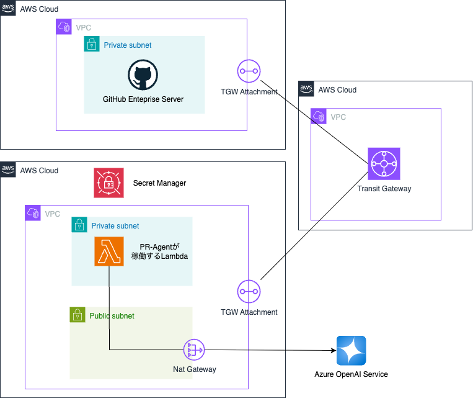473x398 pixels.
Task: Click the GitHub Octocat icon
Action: point(143,76)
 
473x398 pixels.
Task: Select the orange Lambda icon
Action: point(109,251)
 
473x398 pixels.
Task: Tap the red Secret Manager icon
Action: point(108,183)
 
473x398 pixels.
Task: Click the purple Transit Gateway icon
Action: point(384,164)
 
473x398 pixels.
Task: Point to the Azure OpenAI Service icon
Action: point(351,351)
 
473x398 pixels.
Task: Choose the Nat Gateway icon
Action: point(194,350)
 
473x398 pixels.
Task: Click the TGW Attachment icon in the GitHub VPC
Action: point(249,71)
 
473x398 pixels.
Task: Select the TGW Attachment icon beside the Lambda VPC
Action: point(249,291)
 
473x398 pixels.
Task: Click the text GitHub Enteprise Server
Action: point(143,99)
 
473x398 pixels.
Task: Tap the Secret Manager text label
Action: point(159,183)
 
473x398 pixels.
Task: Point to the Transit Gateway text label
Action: point(384,189)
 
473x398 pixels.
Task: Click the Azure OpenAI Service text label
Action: point(351,374)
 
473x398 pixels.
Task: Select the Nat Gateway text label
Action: point(194,369)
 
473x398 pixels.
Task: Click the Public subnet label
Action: point(112,316)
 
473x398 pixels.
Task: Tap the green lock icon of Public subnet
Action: point(77,315)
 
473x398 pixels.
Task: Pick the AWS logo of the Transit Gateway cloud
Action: point(306,89)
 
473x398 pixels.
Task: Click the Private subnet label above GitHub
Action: point(127,45)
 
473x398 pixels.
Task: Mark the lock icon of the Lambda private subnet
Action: point(79,225)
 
